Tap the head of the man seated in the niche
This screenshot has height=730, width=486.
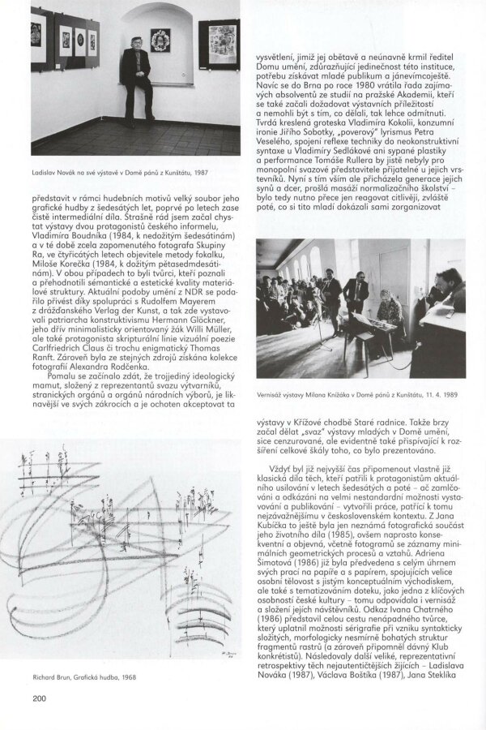(x=136, y=43)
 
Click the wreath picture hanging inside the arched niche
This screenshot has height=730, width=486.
(x=160, y=41)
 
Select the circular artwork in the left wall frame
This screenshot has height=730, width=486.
(x=80, y=39)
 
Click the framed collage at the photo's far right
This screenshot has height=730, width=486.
(x=223, y=45)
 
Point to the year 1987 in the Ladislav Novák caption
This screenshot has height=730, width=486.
(x=201, y=172)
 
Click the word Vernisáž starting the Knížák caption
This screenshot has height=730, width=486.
(x=267, y=395)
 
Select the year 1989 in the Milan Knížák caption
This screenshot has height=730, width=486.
(x=450, y=395)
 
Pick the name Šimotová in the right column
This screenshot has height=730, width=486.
(x=274, y=562)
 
